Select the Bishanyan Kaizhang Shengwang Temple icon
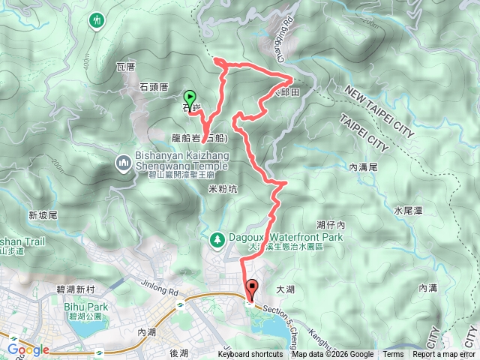point(123,162)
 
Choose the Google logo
point(28,349)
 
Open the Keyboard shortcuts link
point(251,355)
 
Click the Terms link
point(393,355)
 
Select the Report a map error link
point(444,355)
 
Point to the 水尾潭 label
point(408,211)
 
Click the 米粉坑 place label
point(223,190)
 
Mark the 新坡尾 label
point(43,215)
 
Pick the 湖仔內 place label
point(330,224)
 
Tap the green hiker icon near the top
point(97,20)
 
